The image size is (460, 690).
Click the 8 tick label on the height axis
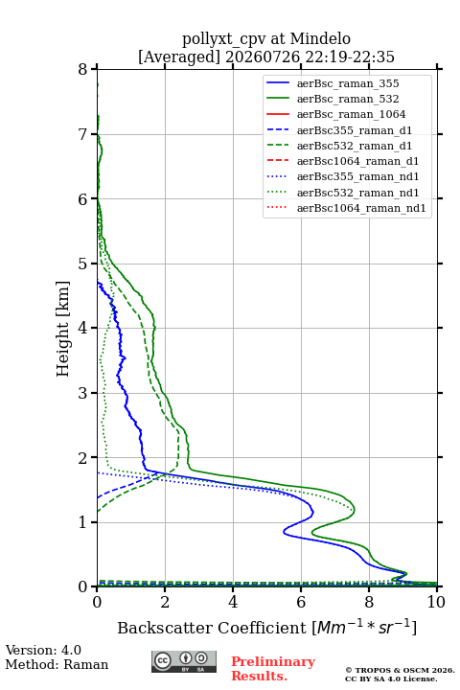pos(83,70)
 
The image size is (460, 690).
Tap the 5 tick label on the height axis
pos(83,264)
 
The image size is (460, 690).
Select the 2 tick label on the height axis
pos(83,458)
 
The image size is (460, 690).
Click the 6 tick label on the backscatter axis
pos(301,602)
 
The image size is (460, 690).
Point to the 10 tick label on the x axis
pos(436,602)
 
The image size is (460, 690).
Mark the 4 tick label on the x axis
pos(233,602)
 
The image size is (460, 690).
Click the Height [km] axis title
pos(63,329)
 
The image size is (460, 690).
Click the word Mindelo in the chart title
pos(320,38)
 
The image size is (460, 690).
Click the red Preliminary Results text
pos(273,669)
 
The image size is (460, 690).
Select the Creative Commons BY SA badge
pos(184,661)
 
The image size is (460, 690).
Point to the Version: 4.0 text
pos(43,650)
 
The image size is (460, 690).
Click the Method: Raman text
pos(57,664)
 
